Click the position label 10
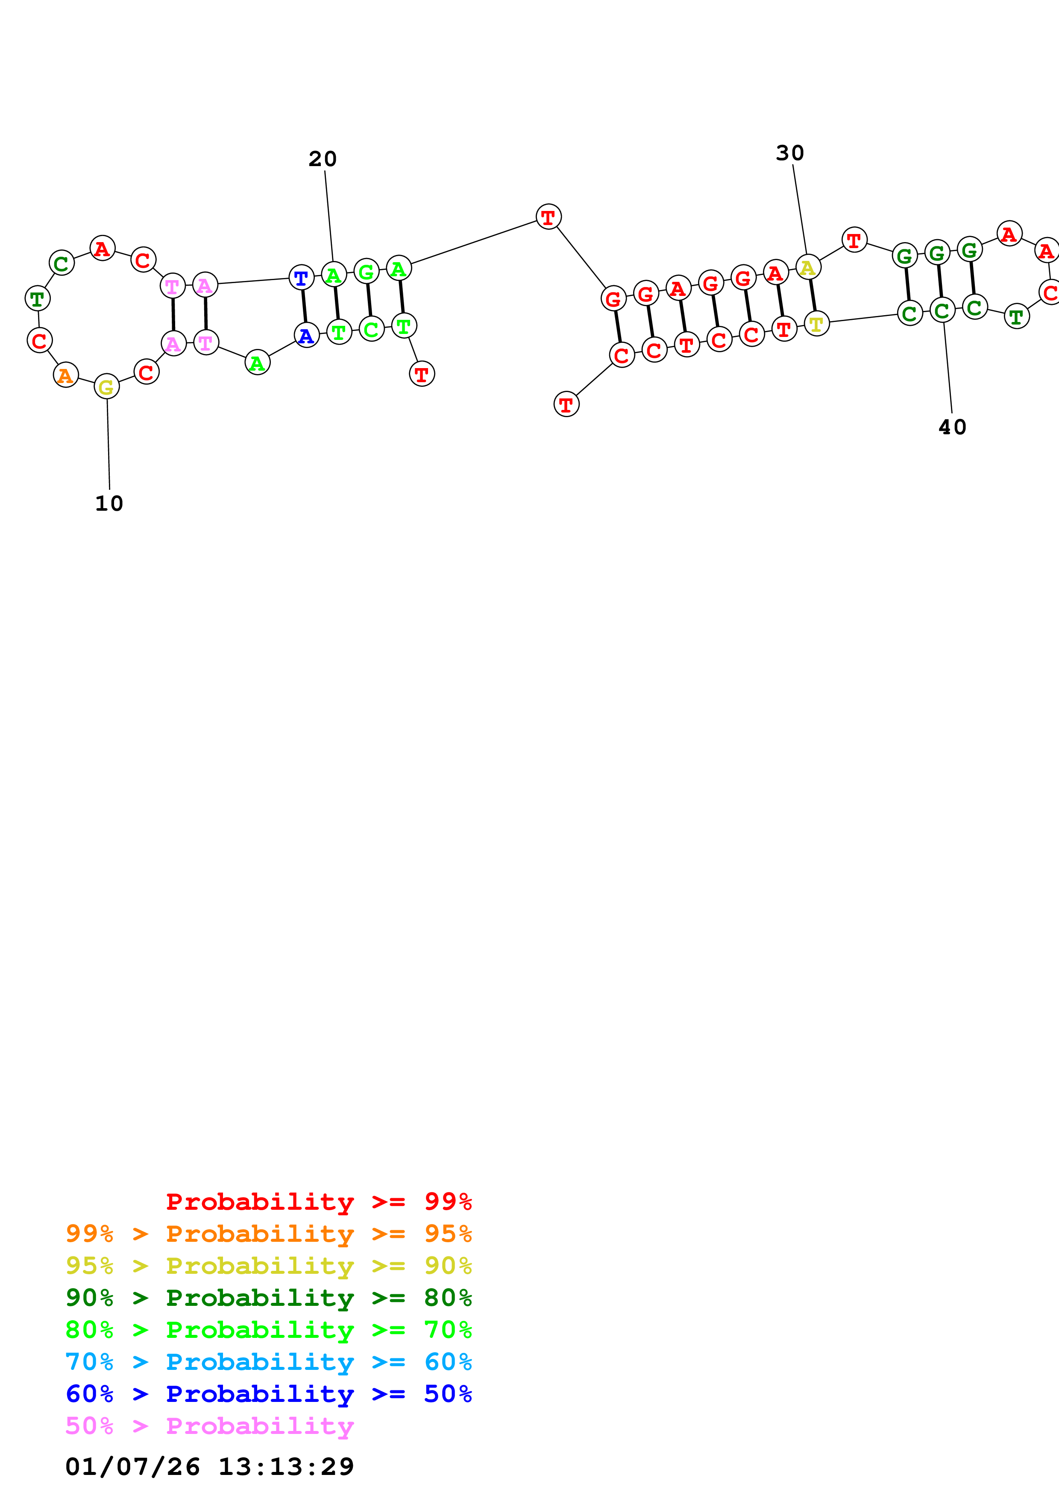pyautogui.click(x=109, y=504)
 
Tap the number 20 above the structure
pyautogui.click(x=323, y=159)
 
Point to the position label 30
pyautogui.click(x=789, y=153)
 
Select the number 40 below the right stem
pyautogui.click(x=952, y=427)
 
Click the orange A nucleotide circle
pyautogui.click(x=65, y=375)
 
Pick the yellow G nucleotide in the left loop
pyautogui.click(x=106, y=387)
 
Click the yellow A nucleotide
pyautogui.click(x=808, y=267)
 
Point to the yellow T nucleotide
pyautogui.click(x=816, y=324)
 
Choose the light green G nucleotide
pyautogui.click(x=366, y=272)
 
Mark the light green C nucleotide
pyautogui.click(x=371, y=330)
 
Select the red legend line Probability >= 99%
pyautogui.click(x=318, y=1201)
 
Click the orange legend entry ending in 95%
pyautogui.click(x=268, y=1233)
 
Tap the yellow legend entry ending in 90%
pyautogui.click(x=268, y=1265)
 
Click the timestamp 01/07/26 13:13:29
pyautogui.click(x=209, y=1466)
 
